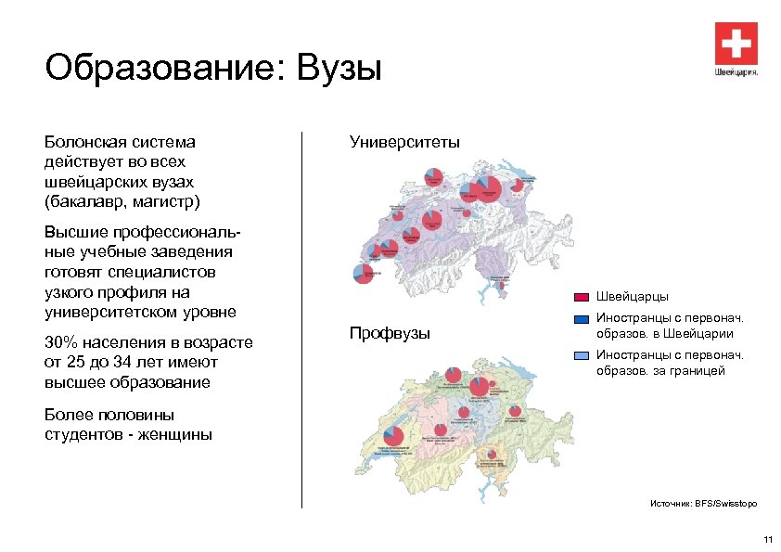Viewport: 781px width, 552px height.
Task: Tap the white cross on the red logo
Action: click(736, 43)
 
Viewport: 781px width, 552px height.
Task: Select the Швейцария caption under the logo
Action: click(736, 71)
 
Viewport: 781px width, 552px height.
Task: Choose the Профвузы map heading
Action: click(390, 333)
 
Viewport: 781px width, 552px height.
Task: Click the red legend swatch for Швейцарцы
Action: click(582, 297)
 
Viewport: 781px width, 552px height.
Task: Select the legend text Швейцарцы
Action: click(632, 297)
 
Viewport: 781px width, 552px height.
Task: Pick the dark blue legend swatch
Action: click(582, 318)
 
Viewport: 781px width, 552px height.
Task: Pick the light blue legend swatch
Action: click(582, 355)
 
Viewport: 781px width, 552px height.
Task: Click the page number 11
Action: click(766, 540)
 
